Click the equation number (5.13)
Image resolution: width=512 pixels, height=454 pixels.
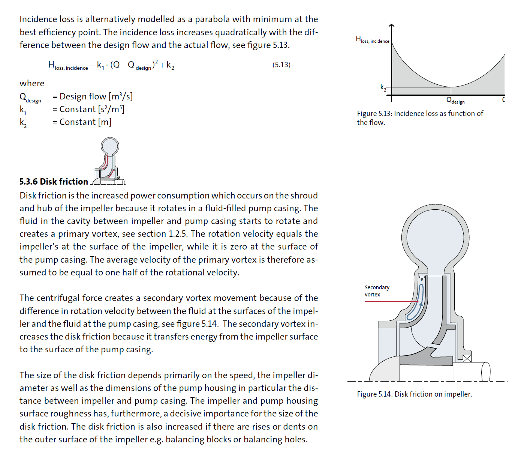[281, 65]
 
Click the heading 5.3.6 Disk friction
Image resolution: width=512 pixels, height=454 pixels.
[54, 182]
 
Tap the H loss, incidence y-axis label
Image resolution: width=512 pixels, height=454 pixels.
[372, 39]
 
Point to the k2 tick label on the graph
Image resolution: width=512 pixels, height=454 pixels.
[383, 87]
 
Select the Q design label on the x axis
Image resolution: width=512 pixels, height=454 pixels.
[455, 101]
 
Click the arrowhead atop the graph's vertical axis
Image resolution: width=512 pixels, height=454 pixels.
[392, 26]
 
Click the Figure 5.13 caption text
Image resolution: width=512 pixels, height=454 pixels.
[420, 117]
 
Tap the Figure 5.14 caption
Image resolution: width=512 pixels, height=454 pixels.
[414, 394]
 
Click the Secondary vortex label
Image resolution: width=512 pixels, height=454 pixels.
[377, 291]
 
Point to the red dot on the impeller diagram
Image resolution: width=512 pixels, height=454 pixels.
[418, 301]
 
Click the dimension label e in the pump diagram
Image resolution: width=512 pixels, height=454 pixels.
[422, 279]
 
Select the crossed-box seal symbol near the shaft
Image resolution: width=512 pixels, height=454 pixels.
[467, 359]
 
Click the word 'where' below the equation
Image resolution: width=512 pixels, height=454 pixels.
[32, 83]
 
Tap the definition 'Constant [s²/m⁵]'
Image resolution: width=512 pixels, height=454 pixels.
[92, 109]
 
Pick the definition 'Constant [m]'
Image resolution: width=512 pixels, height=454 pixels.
[85, 122]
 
